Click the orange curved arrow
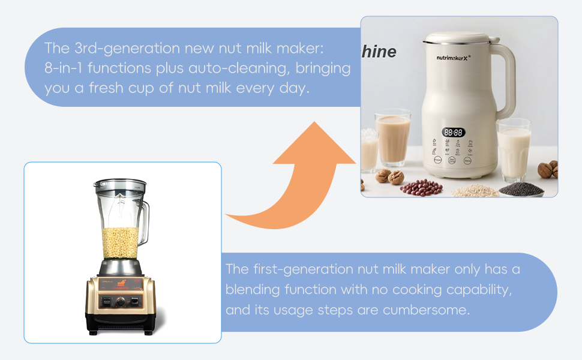[x=300, y=180]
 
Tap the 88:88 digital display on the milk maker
[x=453, y=132]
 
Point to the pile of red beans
[x=421, y=187]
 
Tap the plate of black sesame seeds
[x=520, y=188]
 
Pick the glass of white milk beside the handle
[x=514, y=150]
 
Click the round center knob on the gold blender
[x=121, y=302]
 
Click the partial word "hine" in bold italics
[x=379, y=52]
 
